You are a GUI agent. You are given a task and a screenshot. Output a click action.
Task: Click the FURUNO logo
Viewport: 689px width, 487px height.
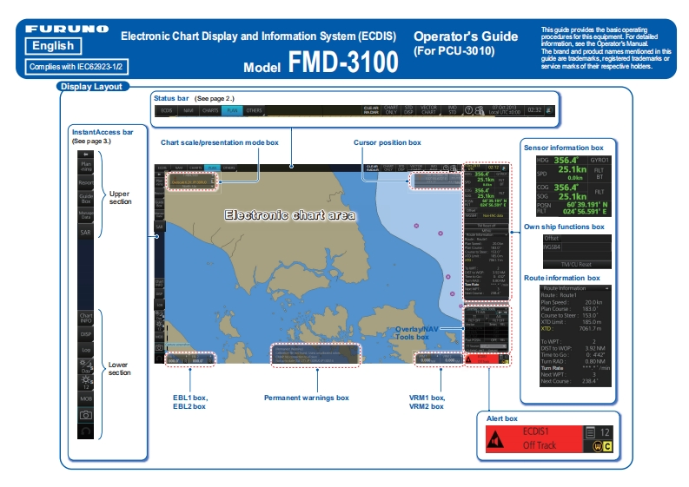(x=65, y=28)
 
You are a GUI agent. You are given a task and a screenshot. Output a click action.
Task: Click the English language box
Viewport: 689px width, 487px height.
(x=54, y=45)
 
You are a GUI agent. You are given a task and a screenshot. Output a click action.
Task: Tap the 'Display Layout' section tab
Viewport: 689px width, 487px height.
(x=91, y=86)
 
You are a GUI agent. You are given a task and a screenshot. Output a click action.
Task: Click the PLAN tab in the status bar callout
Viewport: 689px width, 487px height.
(x=231, y=110)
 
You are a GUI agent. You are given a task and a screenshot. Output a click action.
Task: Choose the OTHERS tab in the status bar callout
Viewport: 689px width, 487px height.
(x=254, y=110)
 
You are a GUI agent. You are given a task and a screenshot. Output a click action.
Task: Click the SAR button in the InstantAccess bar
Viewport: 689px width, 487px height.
(x=86, y=233)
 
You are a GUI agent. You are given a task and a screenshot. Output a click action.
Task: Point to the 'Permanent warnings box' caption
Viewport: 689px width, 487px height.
(x=306, y=398)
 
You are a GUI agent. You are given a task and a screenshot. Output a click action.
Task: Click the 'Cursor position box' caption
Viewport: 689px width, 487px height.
(x=388, y=142)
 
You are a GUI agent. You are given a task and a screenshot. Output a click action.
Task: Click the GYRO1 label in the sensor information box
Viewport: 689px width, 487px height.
(x=599, y=161)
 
